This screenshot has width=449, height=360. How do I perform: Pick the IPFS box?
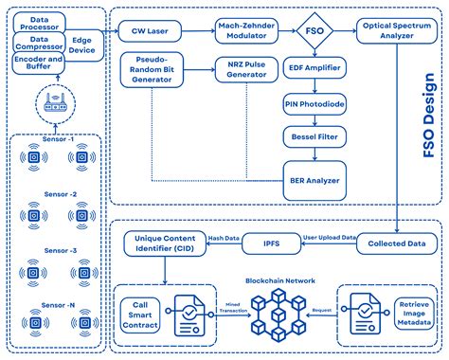coord(272,243)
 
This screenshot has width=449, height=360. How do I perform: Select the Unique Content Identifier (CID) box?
coord(164,244)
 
